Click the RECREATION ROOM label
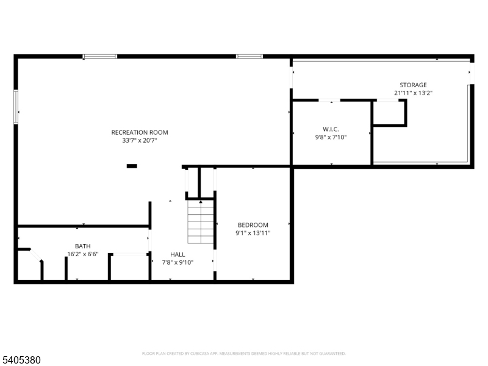click(140, 132)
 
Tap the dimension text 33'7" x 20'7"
click(140, 141)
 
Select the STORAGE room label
click(413, 85)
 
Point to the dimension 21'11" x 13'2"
click(414, 93)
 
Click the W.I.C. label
click(331, 129)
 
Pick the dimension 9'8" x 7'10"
click(331, 137)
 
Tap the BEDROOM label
click(253, 225)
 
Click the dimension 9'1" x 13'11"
click(253, 233)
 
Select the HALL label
click(178, 254)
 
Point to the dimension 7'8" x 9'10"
click(178, 263)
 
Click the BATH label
click(83, 246)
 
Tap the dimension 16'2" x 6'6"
click(83, 254)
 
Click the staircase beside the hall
click(201, 221)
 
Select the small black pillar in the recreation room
click(132, 166)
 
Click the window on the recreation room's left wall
click(16, 107)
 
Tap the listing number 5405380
click(21, 360)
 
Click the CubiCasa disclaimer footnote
click(243, 354)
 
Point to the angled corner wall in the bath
click(35, 255)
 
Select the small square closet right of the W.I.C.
click(390, 113)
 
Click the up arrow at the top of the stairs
click(201, 202)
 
